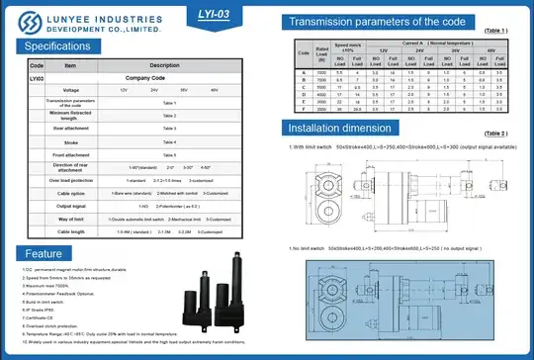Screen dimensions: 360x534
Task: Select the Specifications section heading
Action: point(57,45)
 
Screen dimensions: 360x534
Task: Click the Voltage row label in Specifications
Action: point(70,89)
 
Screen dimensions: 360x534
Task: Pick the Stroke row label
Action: point(70,141)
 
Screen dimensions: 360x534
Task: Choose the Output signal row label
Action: point(70,205)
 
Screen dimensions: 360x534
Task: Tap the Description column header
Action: point(164,64)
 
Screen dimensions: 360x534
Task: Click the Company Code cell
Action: point(164,76)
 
